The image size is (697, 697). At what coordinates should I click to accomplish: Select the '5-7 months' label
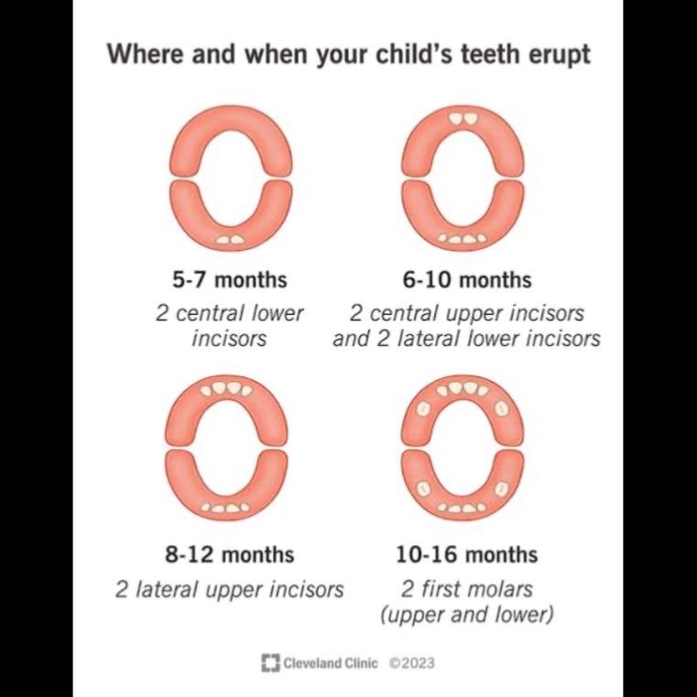229,280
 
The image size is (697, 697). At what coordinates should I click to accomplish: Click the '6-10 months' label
467,280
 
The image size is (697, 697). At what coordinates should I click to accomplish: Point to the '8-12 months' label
229,555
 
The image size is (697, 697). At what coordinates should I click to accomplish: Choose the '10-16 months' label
467,555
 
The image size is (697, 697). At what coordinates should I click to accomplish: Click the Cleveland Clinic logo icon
270,663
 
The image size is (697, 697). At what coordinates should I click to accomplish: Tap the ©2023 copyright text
411,663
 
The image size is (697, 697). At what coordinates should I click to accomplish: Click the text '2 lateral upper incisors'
229,590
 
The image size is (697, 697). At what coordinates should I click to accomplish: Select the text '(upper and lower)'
467,615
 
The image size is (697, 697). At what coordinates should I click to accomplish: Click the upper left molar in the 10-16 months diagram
424,408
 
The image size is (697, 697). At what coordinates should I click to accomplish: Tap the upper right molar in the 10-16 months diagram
502,407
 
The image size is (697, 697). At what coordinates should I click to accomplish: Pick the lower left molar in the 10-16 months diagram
423,489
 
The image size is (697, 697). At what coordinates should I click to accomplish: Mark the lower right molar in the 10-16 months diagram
502,489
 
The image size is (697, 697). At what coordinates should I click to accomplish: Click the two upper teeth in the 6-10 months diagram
463,119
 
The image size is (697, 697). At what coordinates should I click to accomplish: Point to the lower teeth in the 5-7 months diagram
230,240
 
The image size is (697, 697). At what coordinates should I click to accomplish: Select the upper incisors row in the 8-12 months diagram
226,389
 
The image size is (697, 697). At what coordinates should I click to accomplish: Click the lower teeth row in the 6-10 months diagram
463,239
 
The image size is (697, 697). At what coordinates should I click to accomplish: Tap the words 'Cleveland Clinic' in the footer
331,663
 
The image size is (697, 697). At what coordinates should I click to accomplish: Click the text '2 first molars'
467,590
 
